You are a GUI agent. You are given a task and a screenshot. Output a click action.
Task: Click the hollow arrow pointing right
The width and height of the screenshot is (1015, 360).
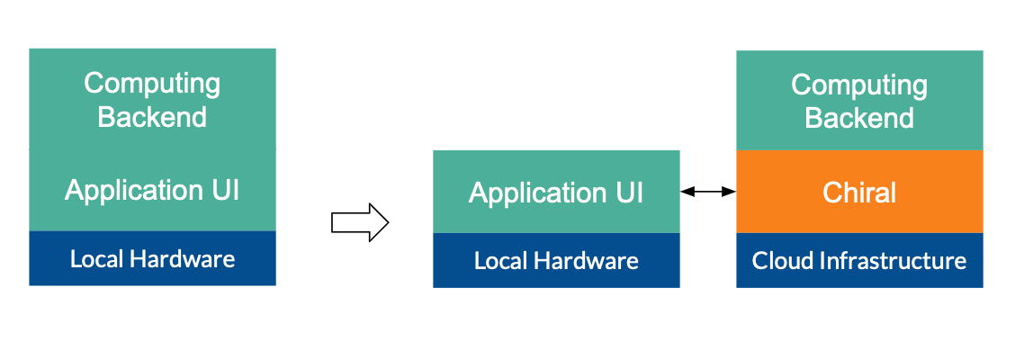click(x=359, y=222)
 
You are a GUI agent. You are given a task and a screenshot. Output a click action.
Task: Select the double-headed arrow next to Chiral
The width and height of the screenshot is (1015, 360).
click(x=708, y=191)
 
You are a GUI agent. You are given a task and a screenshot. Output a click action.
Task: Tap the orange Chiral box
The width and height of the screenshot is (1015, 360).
click(x=859, y=192)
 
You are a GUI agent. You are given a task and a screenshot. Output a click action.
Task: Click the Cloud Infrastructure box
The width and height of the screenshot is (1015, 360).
click(x=859, y=261)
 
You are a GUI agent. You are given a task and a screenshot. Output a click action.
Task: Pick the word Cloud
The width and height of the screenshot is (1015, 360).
click(x=777, y=261)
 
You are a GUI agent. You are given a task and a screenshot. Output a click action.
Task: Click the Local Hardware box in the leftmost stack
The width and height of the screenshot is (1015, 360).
click(x=152, y=259)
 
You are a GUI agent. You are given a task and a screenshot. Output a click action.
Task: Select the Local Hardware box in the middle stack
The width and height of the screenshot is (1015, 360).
click(x=556, y=261)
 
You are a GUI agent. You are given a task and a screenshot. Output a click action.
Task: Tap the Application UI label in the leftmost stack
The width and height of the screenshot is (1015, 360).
click(x=152, y=190)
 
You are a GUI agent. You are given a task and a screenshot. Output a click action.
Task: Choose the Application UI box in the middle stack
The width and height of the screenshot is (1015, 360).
click(x=556, y=193)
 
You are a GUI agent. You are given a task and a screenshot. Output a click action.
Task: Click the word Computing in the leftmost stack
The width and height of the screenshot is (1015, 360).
click(x=152, y=84)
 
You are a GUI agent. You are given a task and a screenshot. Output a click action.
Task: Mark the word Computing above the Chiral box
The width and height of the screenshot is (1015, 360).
click(x=859, y=85)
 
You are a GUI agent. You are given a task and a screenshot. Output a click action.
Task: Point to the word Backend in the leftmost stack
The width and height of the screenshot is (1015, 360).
click(x=152, y=117)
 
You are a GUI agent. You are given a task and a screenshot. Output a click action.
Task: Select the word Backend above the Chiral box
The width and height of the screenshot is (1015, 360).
click(x=859, y=118)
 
